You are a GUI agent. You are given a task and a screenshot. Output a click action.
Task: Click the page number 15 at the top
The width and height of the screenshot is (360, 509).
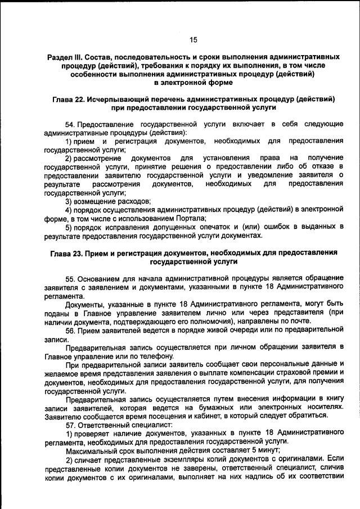pyautogui.click(x=193, y=39)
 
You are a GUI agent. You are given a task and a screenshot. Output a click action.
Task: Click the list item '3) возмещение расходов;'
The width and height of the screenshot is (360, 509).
pyautogui.click(x=108, y=201)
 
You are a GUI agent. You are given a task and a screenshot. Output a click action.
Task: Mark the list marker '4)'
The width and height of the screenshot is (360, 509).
pyautogui.click(x=69, y=209)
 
